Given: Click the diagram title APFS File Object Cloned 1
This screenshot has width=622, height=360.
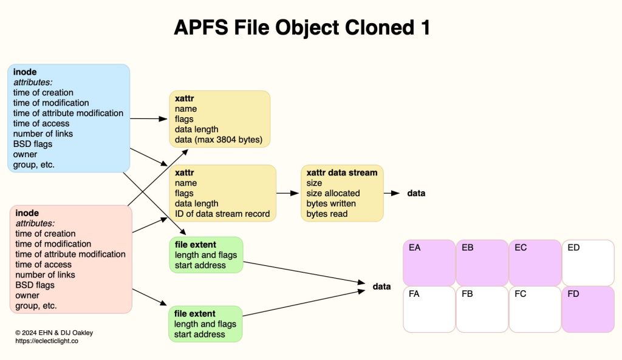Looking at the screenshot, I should pos(302,27).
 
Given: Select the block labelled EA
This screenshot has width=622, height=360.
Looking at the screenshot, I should pos(429,262).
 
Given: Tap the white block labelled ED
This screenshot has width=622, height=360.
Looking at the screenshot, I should pos(587,262).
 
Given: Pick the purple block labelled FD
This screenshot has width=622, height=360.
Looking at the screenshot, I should pos(587,309).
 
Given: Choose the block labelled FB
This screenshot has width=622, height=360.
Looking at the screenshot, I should pos(482,309).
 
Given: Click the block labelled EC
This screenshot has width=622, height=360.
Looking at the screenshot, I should pos(535,262).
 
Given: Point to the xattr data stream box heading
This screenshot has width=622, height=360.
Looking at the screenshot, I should pos(341,173).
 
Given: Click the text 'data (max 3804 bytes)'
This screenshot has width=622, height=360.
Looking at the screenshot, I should pos(218,140).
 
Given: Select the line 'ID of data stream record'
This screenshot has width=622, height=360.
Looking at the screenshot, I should pos(222,214).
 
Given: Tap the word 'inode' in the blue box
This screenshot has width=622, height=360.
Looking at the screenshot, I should pos(25,72).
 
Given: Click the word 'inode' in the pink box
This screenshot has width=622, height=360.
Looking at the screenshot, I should pos(27,213).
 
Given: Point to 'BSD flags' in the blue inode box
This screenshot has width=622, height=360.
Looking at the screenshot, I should pos(33,144).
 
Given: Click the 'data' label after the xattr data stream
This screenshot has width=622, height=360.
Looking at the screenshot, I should pos(416,193).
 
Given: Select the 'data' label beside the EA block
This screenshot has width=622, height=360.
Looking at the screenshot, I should pos(381,286).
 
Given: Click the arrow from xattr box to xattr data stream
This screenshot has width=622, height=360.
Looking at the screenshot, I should pos(289,193).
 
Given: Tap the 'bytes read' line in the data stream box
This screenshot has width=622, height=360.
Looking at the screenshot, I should pos(327,214).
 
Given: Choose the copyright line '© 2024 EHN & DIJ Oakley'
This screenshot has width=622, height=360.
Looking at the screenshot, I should pos(54,333).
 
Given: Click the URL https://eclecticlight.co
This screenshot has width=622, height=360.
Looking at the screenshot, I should pos(47,341).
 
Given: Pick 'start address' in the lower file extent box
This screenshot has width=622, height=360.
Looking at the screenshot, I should pos(199,335).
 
